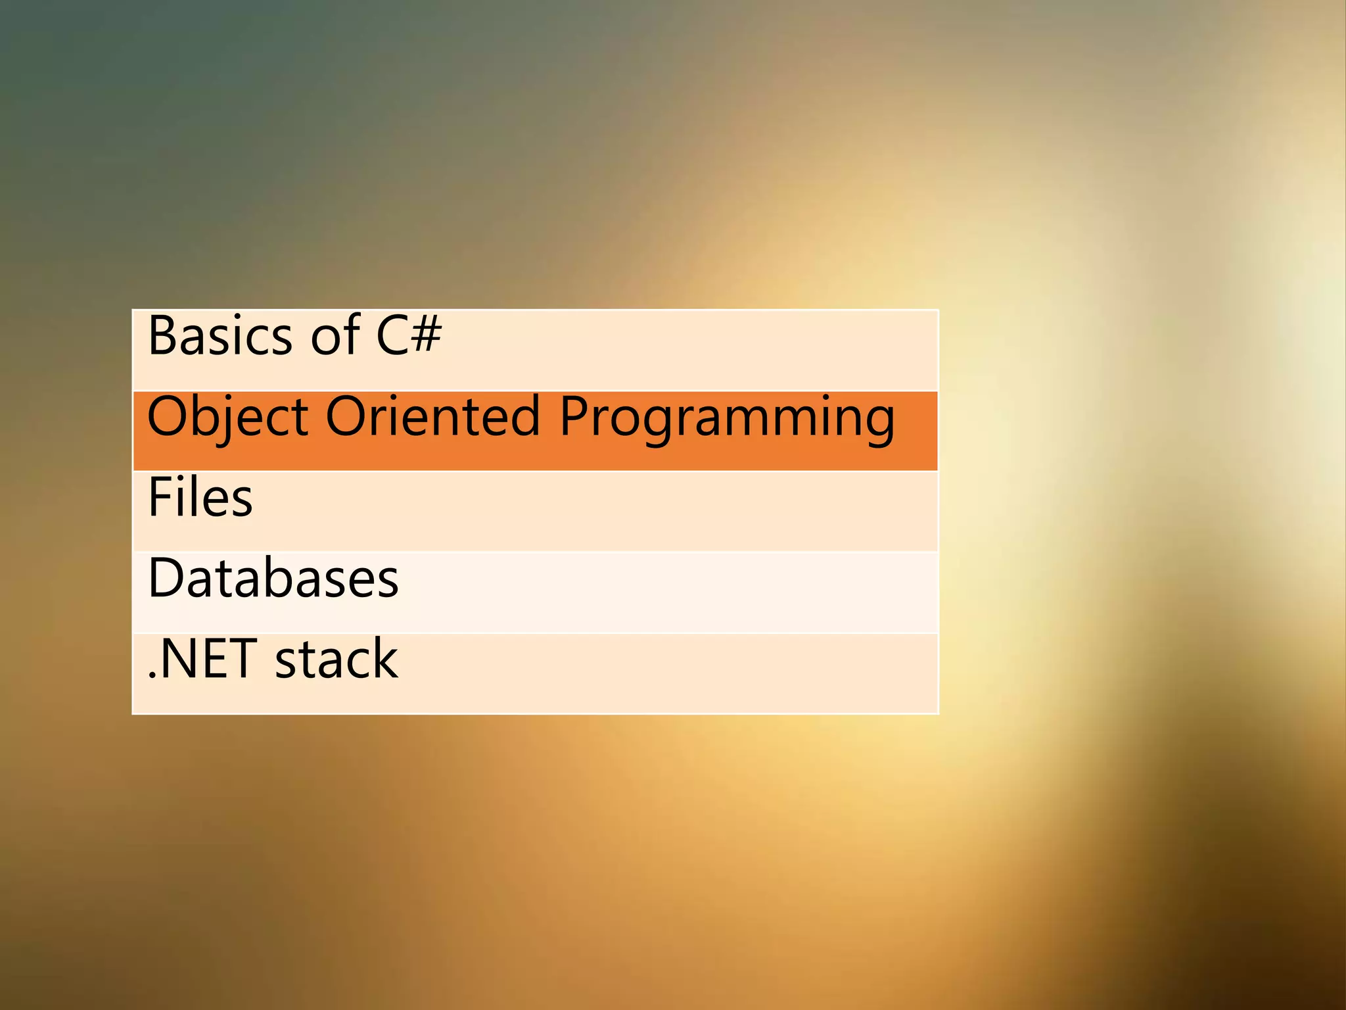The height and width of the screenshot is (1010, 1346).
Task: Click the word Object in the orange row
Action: tap(227, 417)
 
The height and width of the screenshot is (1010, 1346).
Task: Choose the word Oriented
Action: tap(433, 417)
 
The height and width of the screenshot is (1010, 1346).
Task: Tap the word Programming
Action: tap(727, 418)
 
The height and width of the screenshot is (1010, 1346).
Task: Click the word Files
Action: tap(200, 498)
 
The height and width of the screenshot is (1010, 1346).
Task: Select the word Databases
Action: tap(273, 579)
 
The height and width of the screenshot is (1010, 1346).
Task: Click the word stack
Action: tap(336, 660)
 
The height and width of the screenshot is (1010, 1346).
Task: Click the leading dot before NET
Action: tap(152, 675)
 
